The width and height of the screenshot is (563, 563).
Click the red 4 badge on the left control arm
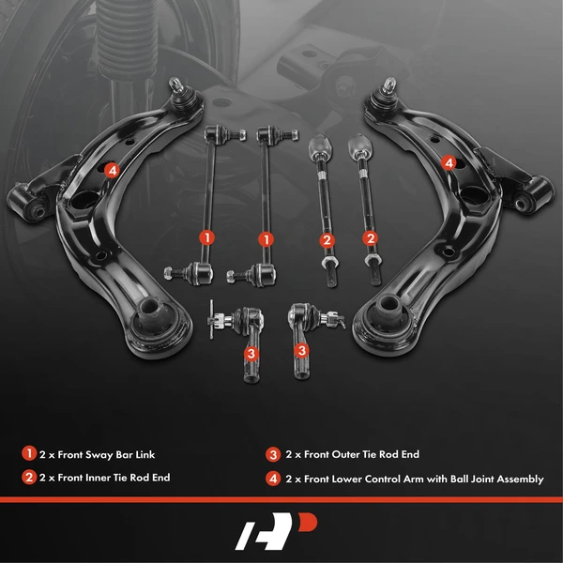point(112,170)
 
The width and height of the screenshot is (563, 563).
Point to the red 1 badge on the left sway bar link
point(206,238)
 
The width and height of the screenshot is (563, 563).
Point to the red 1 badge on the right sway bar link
point(267,238)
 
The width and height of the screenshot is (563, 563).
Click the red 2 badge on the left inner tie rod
point(327,240)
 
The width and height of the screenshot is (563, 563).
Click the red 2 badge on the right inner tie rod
point(371,238)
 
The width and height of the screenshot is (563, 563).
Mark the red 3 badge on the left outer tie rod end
point(251,354)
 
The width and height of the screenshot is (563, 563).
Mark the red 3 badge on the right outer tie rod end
point(303,351)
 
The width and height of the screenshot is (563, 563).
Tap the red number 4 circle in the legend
point(273,479)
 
